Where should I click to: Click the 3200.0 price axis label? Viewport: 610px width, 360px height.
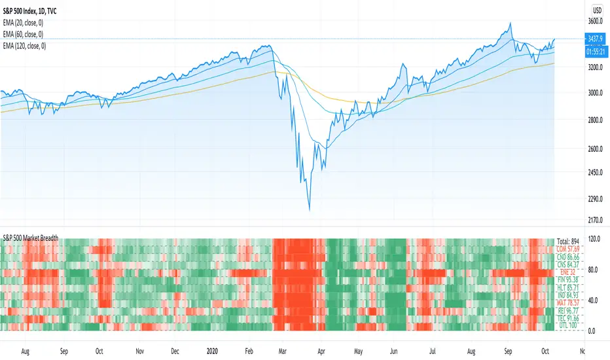click(595, 67)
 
